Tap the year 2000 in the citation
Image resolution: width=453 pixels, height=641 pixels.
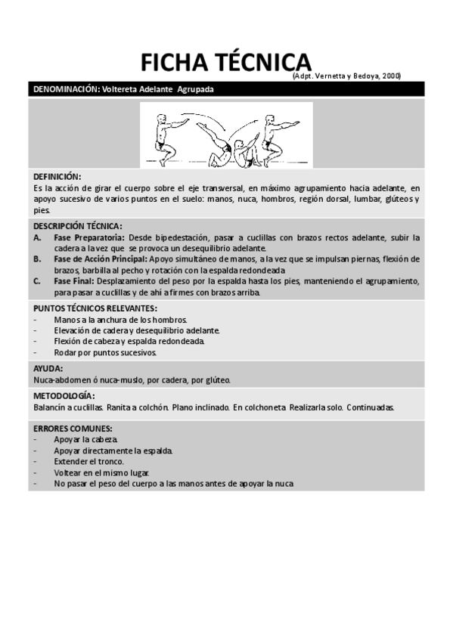coord(391,76)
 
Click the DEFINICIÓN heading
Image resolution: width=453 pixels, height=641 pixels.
coord(57,176)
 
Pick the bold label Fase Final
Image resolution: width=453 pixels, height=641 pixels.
coord(73,281)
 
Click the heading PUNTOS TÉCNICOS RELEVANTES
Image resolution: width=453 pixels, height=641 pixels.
coord(95,308)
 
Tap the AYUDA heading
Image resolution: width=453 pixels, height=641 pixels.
coord(48,369)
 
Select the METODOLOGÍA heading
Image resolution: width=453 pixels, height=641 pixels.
coord(64,396)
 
